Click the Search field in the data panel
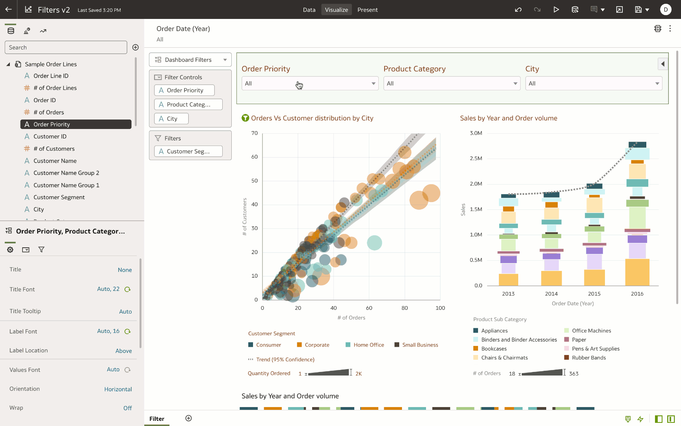point(65,47)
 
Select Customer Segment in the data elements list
point(59,197)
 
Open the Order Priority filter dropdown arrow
point(373,84)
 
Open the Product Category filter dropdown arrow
point(515,84)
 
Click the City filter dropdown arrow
point(657,84)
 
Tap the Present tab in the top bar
point(367,10)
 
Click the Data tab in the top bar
point(309,10)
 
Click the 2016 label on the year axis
point(637,294)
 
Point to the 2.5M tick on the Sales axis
point(476,159)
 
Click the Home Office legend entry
point(368,345)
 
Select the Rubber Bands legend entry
point(589,358)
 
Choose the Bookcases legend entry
point(494,349)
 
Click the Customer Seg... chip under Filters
point(188,151)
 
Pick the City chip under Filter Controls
point(171,119)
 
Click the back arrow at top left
point(8,9)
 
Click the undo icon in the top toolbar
point(518,10)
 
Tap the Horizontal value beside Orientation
point(118,389)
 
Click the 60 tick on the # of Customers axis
point(255,157)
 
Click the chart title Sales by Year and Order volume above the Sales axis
point(508,118)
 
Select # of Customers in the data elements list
point(54,149)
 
